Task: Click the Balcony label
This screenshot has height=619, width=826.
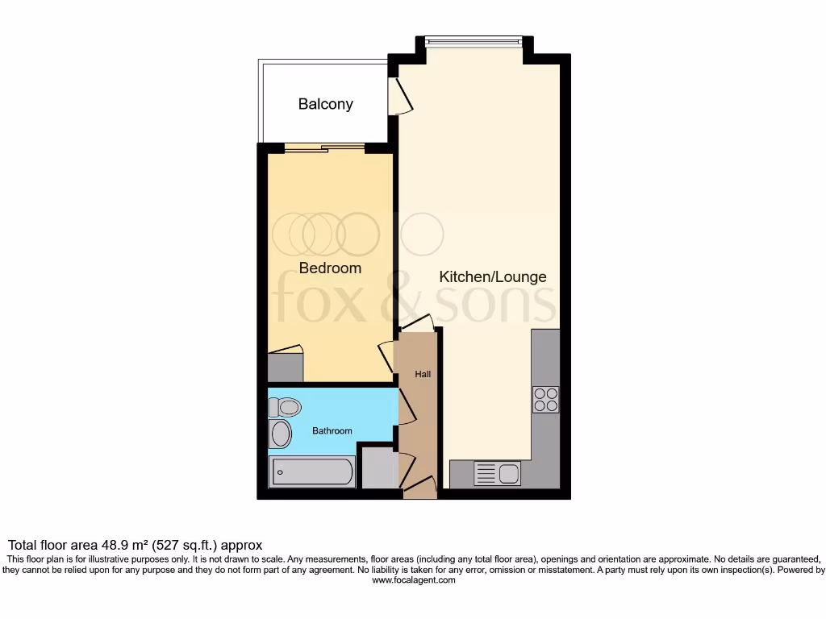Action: [325, 104]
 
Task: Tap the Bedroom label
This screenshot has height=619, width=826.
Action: [330, 268]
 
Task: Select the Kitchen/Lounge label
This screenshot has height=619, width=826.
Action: [492, 276]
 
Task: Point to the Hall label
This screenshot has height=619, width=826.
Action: [423, 374]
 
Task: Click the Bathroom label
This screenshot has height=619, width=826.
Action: [332, 431]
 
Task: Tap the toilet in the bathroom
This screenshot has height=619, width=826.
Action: [284, 407]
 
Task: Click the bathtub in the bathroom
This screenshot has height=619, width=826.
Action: [312, 472]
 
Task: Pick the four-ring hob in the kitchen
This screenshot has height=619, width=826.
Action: [545, 400]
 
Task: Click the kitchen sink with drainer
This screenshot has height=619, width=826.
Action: [497, 473]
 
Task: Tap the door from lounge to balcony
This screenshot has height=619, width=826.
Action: [400, 96]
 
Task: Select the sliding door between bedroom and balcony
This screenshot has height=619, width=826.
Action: [324, 147]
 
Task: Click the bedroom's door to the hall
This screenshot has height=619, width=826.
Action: [388, 355]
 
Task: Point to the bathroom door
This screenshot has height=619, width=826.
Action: [406, 408]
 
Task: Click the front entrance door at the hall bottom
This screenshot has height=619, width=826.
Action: [419, 486]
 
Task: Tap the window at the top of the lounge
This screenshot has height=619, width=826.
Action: [474, 39]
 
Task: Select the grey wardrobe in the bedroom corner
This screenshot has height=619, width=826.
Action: [286, 368]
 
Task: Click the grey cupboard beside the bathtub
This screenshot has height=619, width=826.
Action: [378, 467]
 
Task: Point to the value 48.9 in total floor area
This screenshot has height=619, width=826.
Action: [115, 546]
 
